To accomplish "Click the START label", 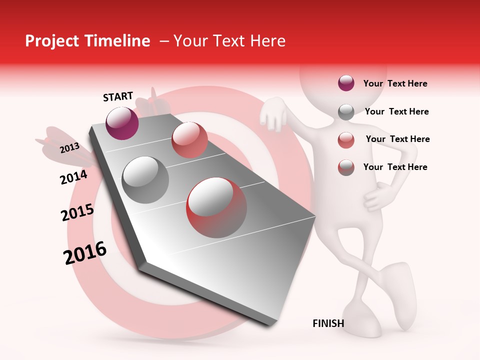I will (x=118, y=96).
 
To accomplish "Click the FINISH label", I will (x=328, y=323).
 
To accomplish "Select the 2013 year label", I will (x=70, y=147).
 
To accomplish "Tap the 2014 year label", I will (x=73, y=177).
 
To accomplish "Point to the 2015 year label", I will (x=77, y=213).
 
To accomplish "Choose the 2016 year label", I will (x=85, y=252).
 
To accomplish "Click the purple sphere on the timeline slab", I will (x=122, y=123).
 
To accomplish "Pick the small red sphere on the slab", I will (x=189, y=140).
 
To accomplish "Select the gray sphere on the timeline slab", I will (x=145, y=179).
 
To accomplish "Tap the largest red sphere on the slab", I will (x=216, y=207).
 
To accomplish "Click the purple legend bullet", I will (x=346, y=83).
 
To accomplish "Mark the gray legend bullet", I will (x=346, y=112).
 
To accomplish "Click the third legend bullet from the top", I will (x=346, y=140).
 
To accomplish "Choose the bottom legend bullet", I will (x=346, y=167).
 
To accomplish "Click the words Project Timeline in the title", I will (x=87, y=41).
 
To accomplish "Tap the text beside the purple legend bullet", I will (x=395, y=83).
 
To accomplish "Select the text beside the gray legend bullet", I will (x=396, y=111).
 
